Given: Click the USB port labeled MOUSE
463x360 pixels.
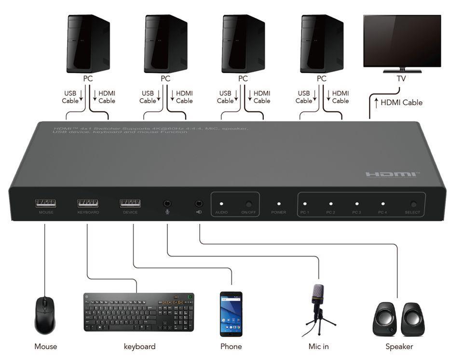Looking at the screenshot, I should [45, 203].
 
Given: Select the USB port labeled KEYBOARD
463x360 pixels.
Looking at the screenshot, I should [88, 203].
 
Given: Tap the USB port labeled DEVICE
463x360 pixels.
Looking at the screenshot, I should [130, 203].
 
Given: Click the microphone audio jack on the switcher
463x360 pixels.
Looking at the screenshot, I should [167, 204].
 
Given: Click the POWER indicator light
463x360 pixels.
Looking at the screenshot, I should [279, 204].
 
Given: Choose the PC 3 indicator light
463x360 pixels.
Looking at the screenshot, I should [356, 204].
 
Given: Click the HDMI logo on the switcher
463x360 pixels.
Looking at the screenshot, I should [392, 174].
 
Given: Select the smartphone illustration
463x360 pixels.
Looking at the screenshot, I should [231, 314].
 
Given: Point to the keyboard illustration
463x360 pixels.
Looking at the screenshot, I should [139, 312].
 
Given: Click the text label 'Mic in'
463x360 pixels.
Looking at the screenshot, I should [319, 347].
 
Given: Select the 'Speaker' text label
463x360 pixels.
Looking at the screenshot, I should [399, 347].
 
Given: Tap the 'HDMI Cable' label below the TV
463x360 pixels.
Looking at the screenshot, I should [401, 102].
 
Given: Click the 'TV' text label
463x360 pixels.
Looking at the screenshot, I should [401, 79].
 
